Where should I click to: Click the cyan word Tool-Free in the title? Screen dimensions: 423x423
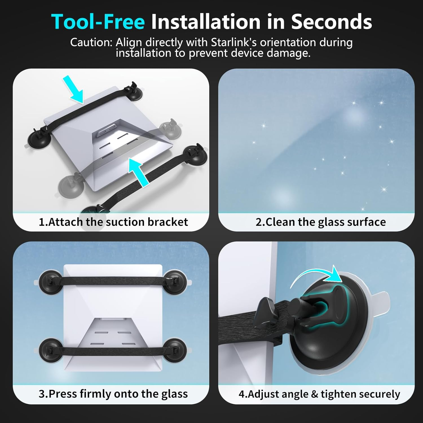pos(98,22)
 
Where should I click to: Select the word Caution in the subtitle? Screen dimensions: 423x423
pos(91,42)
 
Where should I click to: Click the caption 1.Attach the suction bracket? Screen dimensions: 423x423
pos(113,222)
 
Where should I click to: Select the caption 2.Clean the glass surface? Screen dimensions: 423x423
pos(321,222)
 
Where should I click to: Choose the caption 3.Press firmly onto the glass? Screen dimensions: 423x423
pos(113,394)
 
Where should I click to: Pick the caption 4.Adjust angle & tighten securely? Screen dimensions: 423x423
pos(319,394)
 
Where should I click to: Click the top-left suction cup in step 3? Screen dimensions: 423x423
pos(49,282)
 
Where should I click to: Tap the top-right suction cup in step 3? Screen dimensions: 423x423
pos(175,282)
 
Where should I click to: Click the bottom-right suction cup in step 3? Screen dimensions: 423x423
pos(175,350)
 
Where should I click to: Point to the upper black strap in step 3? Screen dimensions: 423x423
pos(113,281)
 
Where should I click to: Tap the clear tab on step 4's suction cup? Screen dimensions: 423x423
pos(382,300)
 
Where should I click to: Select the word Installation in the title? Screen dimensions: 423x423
pos(206,22)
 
